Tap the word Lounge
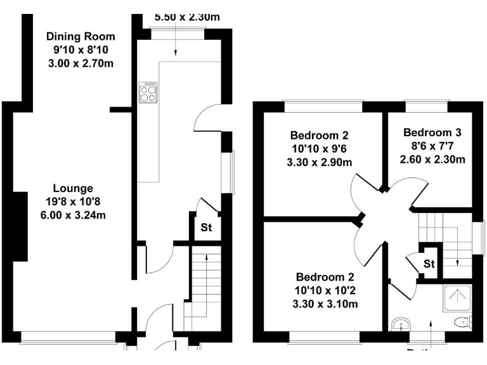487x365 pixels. tap(72, 188)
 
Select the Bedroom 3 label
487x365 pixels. tap(432, 132)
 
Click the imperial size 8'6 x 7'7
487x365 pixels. tap(432, 146)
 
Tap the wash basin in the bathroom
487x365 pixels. tap(400, 326)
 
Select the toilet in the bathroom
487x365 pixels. tap(462, 322)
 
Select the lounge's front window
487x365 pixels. tap(68, 335)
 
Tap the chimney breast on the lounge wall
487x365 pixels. tap(20, 227)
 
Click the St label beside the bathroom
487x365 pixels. tap(429, 263)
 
